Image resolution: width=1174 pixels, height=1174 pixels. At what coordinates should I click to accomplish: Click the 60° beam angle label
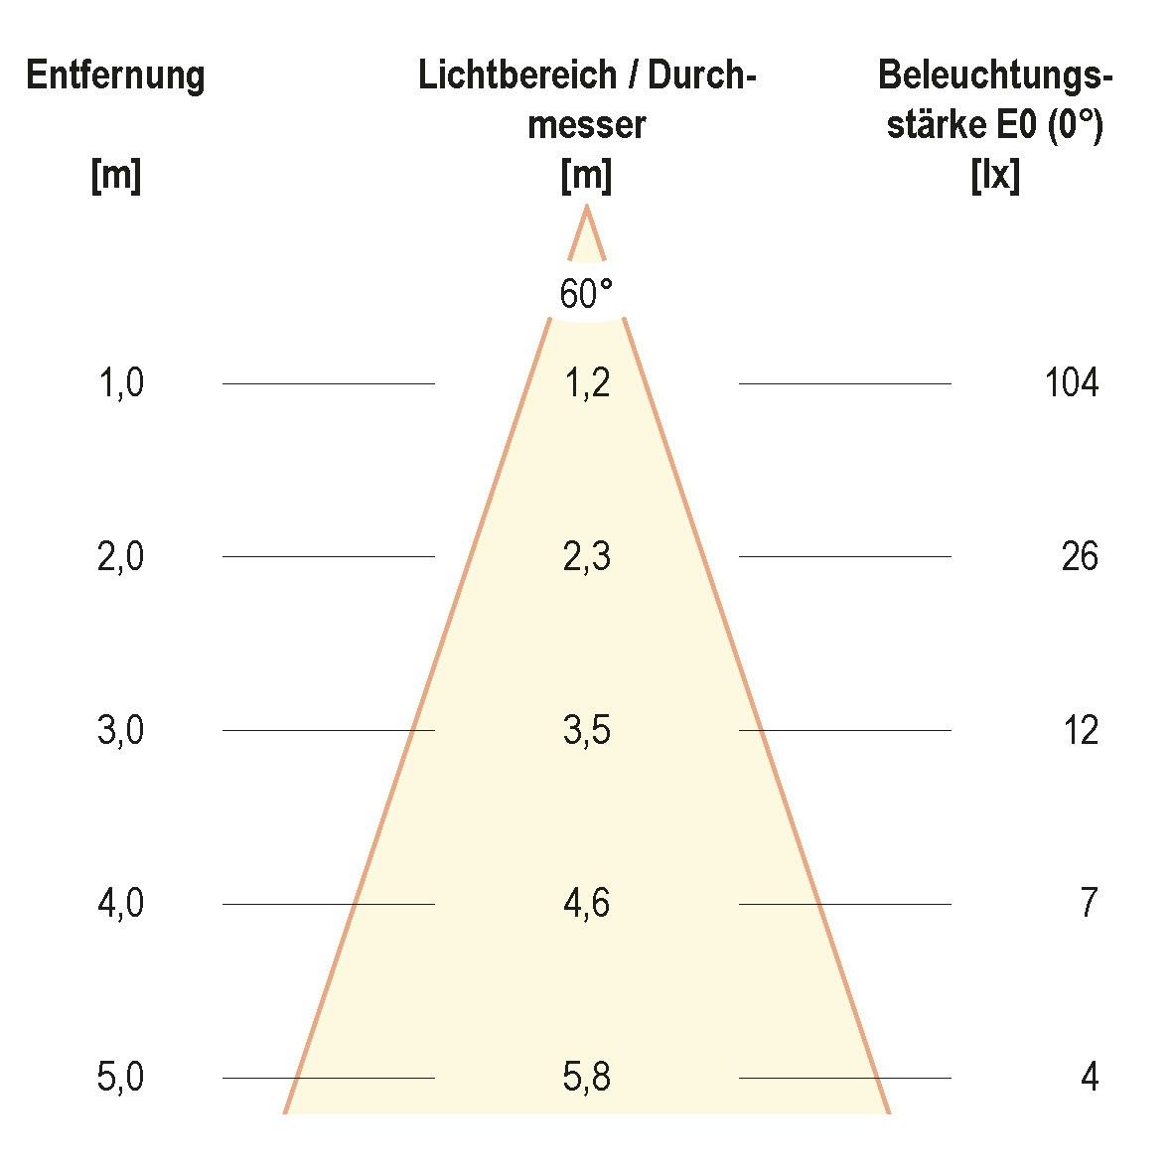(586, 295)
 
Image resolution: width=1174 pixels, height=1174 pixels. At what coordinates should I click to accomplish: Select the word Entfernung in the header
(115, 76)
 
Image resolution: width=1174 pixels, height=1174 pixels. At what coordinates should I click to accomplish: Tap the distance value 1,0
(121, 382)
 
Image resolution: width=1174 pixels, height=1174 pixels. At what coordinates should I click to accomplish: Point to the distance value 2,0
(121, 557)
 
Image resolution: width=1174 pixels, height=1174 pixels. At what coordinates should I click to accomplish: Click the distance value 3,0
(121, 731)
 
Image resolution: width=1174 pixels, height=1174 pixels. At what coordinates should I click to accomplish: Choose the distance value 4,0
(121, 904)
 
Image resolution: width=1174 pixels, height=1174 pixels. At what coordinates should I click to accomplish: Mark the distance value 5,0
(121, 1078)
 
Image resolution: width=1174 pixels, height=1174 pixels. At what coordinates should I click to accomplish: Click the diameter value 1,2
(586, 382)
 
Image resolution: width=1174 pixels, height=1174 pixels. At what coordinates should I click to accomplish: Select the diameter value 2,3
(586, 557)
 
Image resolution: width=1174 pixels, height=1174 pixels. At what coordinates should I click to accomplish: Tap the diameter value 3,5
(586, 731)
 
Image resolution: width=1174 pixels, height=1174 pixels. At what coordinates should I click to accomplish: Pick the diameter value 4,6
(586, 904)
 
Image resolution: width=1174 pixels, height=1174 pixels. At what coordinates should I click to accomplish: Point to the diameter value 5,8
(586, 1078)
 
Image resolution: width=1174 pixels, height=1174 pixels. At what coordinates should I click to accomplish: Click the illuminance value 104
(1072, 382)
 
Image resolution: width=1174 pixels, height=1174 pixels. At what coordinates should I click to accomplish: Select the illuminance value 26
(1080, 557)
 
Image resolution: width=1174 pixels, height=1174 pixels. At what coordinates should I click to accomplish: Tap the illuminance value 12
(1081, 731)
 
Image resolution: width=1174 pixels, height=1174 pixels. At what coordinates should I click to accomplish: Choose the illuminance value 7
(1090, 904)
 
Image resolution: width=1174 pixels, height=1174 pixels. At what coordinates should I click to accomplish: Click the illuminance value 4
(1090, 1078)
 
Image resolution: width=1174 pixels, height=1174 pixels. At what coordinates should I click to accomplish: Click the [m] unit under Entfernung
(115, 177)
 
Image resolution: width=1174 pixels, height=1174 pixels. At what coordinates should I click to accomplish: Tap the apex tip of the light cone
(587, 208)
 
